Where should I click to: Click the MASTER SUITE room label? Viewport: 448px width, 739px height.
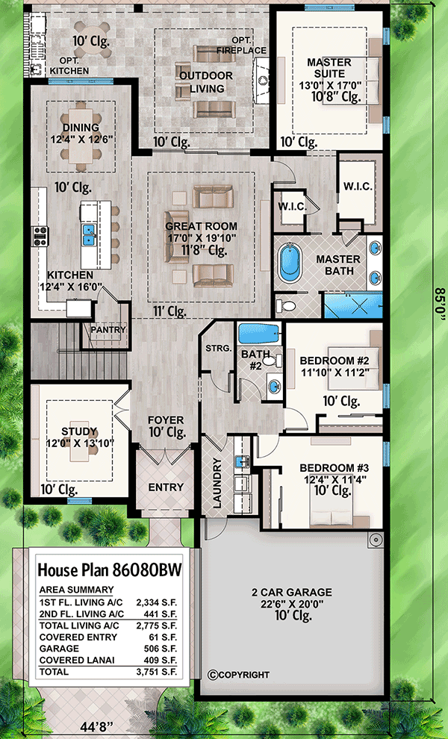(x=325, y=66)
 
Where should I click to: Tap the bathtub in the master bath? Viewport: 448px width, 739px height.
(x=287, y=264)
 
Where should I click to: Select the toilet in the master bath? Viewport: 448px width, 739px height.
(x=286, y=305)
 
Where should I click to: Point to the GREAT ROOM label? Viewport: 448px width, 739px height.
(x=201, y=226)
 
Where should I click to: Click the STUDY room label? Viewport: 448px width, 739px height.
(x=78, y=431)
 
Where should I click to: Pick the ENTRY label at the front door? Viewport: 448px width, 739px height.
(x=166, y=487)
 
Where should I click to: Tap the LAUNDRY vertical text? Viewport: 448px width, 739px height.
(x=217, y=483)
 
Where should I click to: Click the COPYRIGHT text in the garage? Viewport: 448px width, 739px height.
(x=239, y=675)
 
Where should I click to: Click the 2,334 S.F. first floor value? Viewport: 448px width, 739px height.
(x=157, y=599)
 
